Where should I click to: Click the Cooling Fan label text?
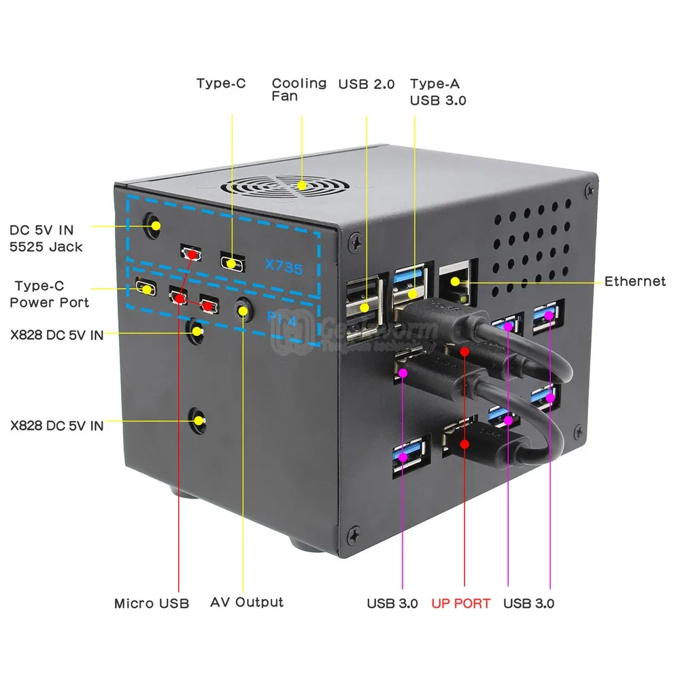click(299, 90)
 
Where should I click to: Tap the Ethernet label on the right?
click(634, 282)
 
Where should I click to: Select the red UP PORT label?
click(460, 603)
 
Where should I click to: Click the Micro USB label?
click(151, 603)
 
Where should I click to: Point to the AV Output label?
click(246, 602)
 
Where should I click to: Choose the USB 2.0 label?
click(366, 84)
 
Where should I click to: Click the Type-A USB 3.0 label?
click(438, 92)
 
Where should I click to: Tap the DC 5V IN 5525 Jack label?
click(46, 238)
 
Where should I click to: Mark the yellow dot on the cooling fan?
click(302, 184)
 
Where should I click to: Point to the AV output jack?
click(241, 310)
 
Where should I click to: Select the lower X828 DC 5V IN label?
click(56, 426)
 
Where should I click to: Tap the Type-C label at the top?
click(221, 84)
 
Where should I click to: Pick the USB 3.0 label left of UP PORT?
click(392, 603)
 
